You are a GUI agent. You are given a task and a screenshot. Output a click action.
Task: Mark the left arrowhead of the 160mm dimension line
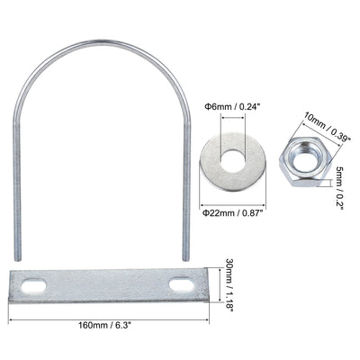pyautogui.click(x=11, y=319)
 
